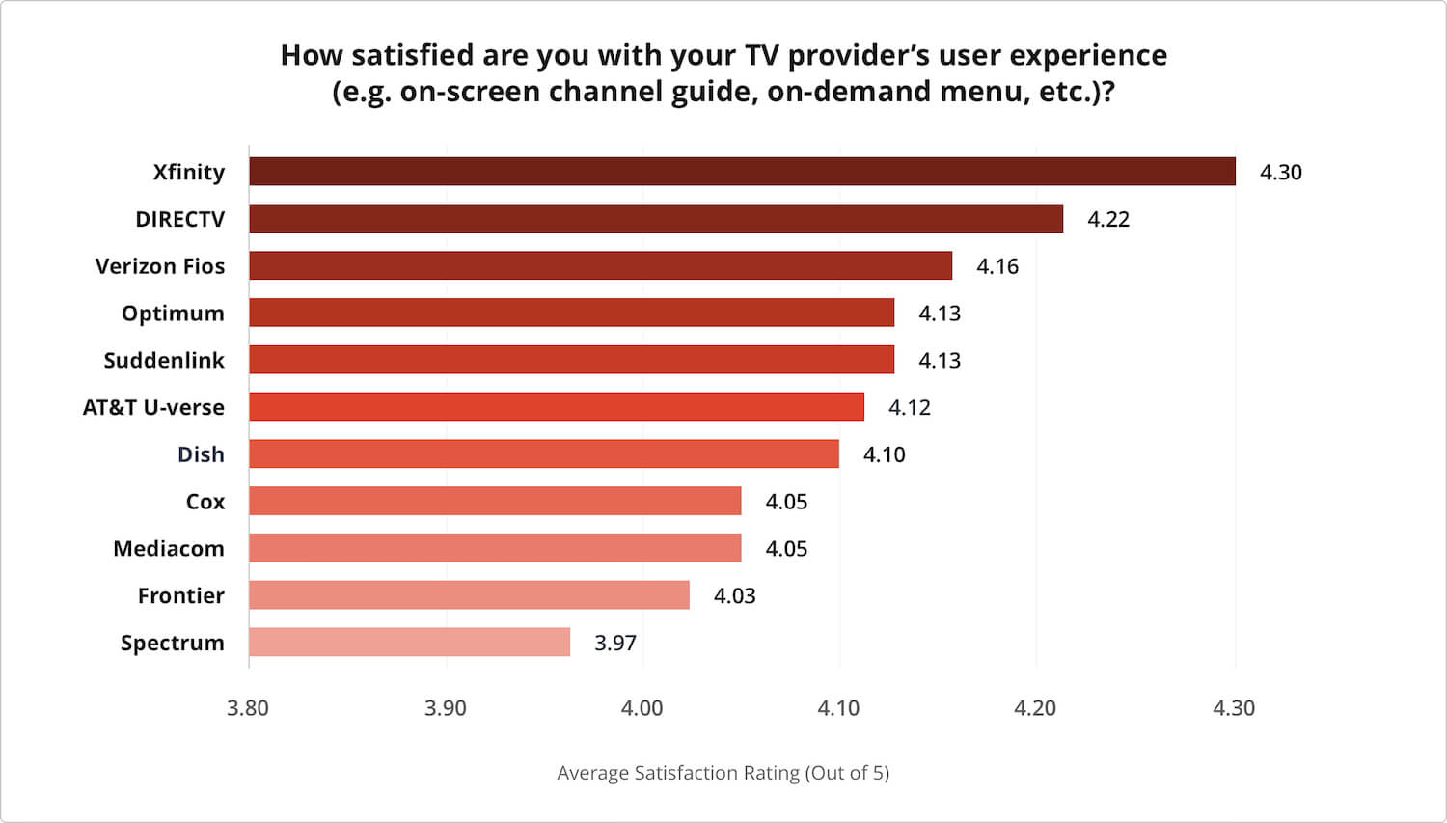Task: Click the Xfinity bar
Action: point(742,172)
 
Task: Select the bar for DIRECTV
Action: point(656,219)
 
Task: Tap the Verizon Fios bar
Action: point(600,266)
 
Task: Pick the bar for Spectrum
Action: point(409,643)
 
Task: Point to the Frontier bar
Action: point(469,595)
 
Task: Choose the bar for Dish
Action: point(544,454)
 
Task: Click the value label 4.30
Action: point(1280,173)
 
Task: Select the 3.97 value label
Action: point(615,644)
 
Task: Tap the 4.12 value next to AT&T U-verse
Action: point(909,408)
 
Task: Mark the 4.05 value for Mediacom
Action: point(786,549)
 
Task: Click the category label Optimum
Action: point(173,314)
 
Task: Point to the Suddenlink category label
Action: point(164,361)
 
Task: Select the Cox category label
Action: point(205,502)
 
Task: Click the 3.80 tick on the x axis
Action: point(248,708)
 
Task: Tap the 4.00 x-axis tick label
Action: point(642,708)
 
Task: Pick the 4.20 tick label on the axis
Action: point(1035,708)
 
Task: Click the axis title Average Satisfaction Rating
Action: point(723,773)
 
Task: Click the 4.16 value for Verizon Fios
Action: point(997,267)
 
